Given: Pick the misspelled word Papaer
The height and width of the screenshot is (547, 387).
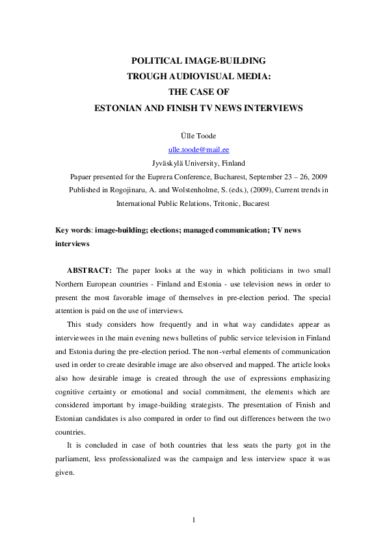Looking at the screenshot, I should [83, 177].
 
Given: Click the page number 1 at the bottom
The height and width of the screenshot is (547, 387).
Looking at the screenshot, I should [193, 520].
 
